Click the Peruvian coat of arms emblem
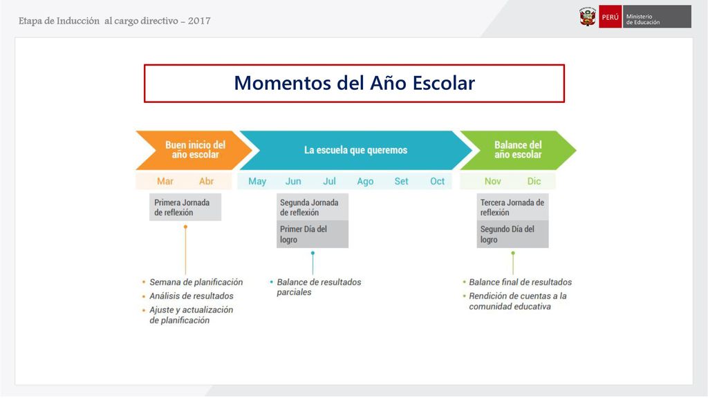click(x=588, y=17)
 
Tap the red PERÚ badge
click(x=610, y=17)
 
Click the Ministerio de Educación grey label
click(x=657, y=17)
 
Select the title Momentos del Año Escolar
click(x=355, y=83)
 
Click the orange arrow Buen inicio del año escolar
click(x=194, y=150)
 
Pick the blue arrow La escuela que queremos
click(x=356, y=150)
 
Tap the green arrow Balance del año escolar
click(x=518, y=150)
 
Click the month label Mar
click(x=165, y=182)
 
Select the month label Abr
click(x=206, y=182)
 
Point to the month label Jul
click(x=329, y=182)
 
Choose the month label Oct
click(x=437, y=182)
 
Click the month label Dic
click(x=534, y=182)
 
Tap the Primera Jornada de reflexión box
click(x=185, y=207)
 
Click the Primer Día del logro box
click(x=313, y=234)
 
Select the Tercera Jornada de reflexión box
click(x=512, y=207)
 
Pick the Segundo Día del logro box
click(x=512, y=234)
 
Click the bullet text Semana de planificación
click(x=196, y=282)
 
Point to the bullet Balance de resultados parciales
click(x=319, y=287)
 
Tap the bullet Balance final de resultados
click(x=520, y=282)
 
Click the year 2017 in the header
click(x=199, y=21)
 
